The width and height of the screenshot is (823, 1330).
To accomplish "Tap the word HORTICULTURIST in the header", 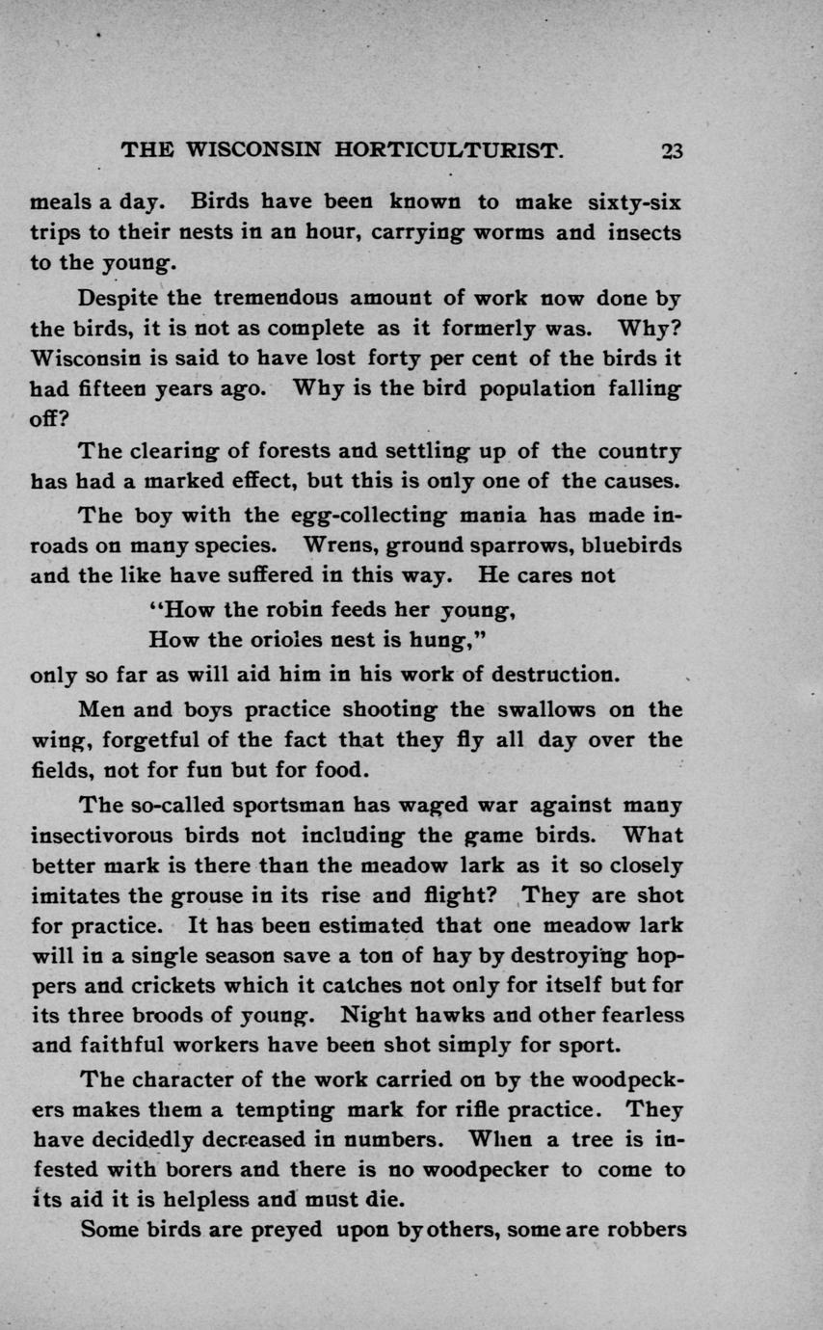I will pos(447,150).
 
